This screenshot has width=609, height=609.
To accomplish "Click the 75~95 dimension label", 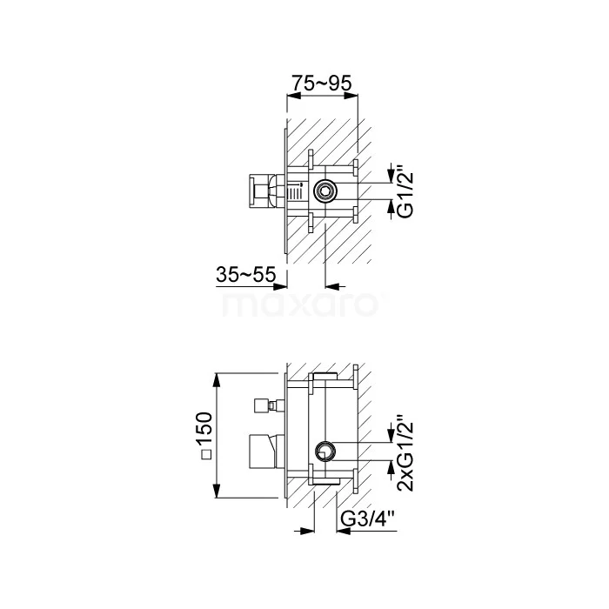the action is tap(322, 83).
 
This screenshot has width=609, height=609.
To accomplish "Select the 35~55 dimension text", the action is tap(246, 274).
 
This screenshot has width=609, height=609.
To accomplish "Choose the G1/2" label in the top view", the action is tap(406, 191).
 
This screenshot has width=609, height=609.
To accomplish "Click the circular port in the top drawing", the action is tap(325, 191).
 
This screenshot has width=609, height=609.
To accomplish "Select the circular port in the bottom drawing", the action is tap(325, 452).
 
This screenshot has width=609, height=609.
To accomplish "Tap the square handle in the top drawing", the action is tap(258, 191).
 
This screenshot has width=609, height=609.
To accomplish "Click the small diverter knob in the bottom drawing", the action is tap(260, 406).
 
